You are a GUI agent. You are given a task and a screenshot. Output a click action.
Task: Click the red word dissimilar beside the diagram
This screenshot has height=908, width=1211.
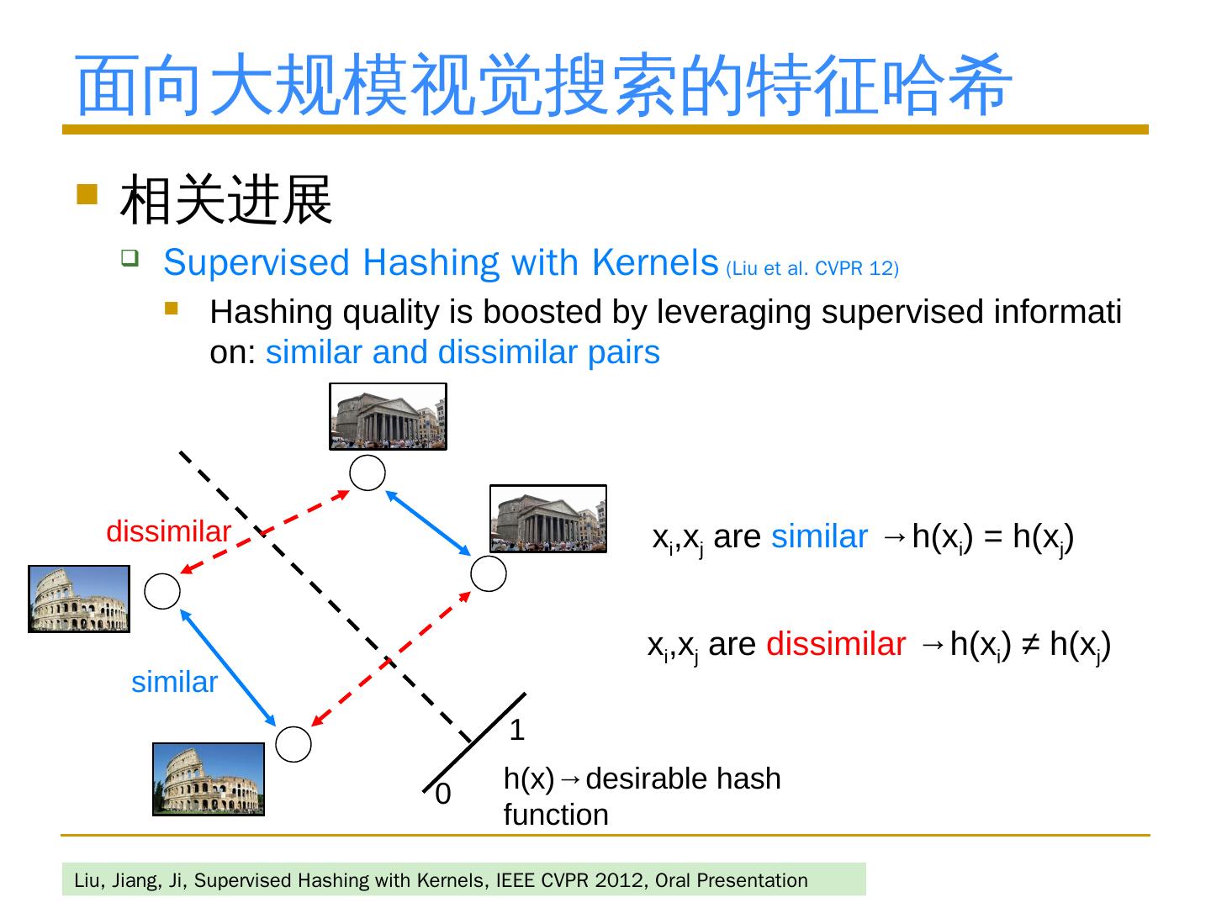click(x=168, y=531)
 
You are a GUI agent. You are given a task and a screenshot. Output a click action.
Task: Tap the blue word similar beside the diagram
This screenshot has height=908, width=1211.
click(x=174, y=682)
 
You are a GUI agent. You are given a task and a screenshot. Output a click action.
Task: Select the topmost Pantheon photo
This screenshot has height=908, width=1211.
click(x=388, y=416)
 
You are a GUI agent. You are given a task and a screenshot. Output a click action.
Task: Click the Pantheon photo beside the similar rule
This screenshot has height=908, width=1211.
click(x=547, y=519)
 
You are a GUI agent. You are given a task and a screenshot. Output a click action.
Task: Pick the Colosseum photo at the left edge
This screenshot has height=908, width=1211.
click(x=79, y=599)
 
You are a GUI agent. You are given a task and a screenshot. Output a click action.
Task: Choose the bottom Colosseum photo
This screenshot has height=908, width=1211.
click(x=208, y=779)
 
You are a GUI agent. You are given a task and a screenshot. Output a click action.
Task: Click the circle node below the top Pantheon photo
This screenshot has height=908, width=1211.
click(x=368, y=472)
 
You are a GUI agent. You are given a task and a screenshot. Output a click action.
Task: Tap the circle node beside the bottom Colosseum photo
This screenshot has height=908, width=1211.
click(x=294, y=744)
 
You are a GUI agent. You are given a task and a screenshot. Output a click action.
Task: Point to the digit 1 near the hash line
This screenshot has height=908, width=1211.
click(x=517, y=730)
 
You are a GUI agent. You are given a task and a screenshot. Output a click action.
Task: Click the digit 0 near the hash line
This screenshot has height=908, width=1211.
click(x=442, y=793)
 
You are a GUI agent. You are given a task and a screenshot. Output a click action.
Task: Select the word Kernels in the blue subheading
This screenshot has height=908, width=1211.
click(x=654, y=262)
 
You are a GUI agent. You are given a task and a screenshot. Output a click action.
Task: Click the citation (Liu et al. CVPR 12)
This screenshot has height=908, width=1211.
click(x=812, y=269)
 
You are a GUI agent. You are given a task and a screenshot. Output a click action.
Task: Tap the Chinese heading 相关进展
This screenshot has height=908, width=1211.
click(x=226, y=200)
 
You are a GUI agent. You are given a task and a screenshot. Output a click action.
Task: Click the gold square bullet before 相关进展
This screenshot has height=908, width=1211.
click(x=87, y=195)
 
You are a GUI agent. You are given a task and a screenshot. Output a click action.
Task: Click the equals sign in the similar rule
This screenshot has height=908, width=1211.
click(x=993, y=536)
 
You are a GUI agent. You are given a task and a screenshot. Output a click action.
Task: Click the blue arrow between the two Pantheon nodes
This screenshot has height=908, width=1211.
click(x=428, y=523)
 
